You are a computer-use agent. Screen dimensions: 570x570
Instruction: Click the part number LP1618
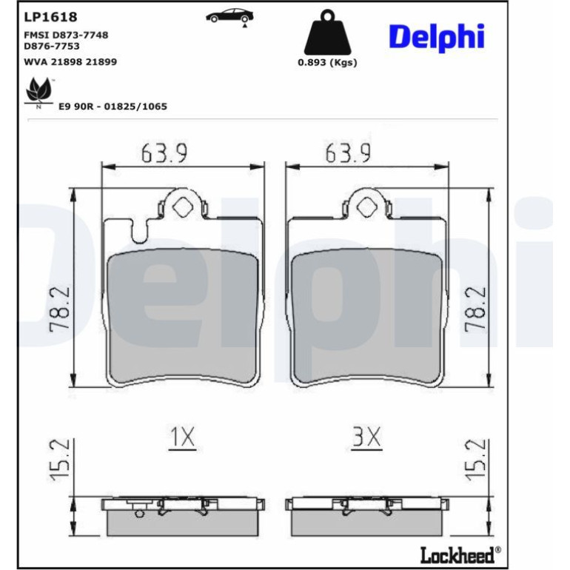(50, 17)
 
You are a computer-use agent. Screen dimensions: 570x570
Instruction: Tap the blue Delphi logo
(437, 37)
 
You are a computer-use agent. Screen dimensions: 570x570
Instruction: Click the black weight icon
(327, 32)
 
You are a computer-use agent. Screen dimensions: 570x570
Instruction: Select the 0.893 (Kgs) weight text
(327, 62)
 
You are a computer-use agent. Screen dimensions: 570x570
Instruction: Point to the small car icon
(229, 16)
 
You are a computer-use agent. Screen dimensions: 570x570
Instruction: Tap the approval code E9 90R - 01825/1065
(113, 107)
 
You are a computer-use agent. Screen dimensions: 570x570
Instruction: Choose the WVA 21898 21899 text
(70, 61)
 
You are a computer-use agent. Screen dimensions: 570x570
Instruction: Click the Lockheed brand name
(457, 554)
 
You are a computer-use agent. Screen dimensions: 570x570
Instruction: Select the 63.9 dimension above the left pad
(164, 153)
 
